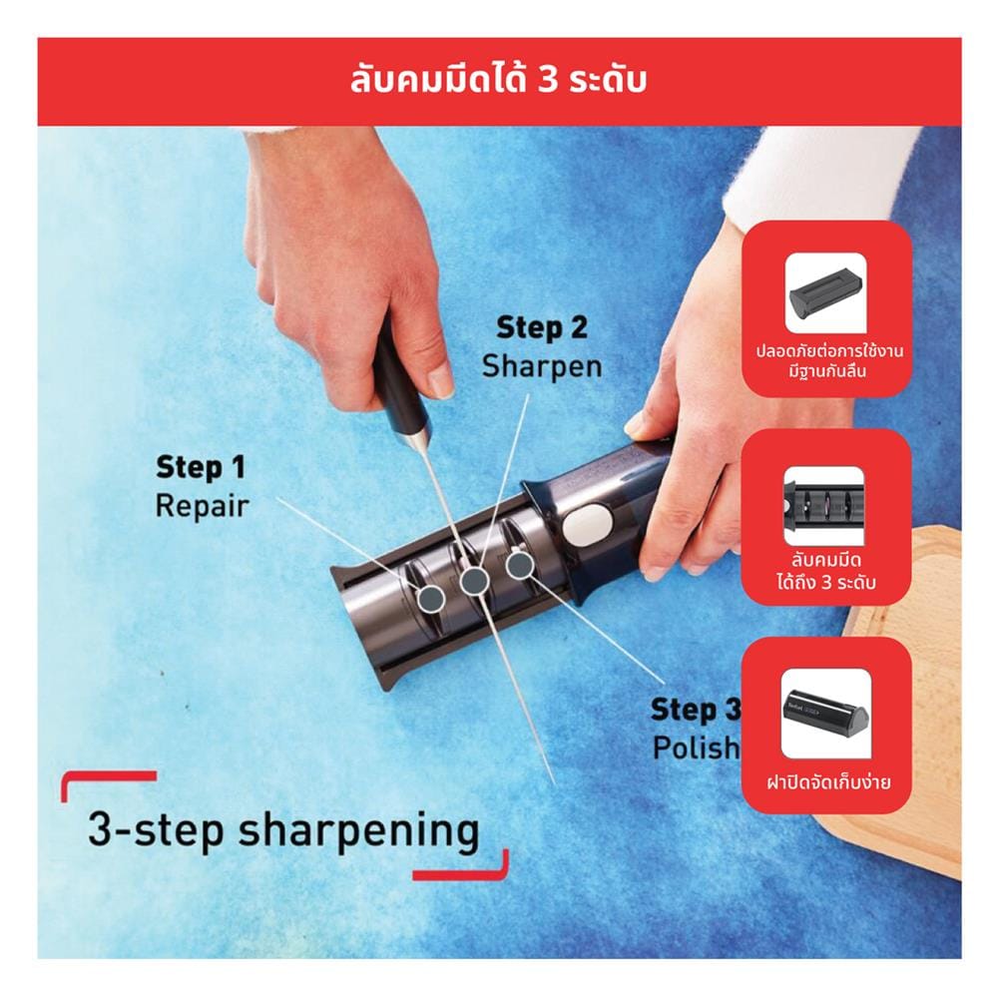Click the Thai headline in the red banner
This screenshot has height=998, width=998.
(498, 80)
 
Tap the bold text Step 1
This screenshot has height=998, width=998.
(201, 467)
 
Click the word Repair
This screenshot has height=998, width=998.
(202, 506)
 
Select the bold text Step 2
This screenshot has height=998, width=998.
(542, 327)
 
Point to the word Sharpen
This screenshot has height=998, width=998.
(542, 367)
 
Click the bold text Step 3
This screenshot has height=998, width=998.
(696, 711)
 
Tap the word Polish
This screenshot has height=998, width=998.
(697, 748)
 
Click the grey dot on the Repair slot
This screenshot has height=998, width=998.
(431, 597)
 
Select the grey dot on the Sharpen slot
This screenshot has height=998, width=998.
(474, 581)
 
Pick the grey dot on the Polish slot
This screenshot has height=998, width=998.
(520, 564)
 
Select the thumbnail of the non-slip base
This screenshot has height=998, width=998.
(826, 293)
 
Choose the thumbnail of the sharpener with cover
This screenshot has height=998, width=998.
(826, 714)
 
